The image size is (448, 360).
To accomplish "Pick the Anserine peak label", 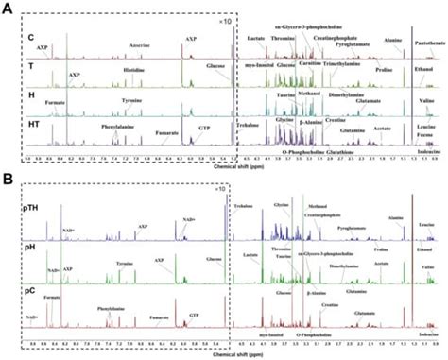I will (138, 43).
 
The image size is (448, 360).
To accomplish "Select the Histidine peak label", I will (131, 70).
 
